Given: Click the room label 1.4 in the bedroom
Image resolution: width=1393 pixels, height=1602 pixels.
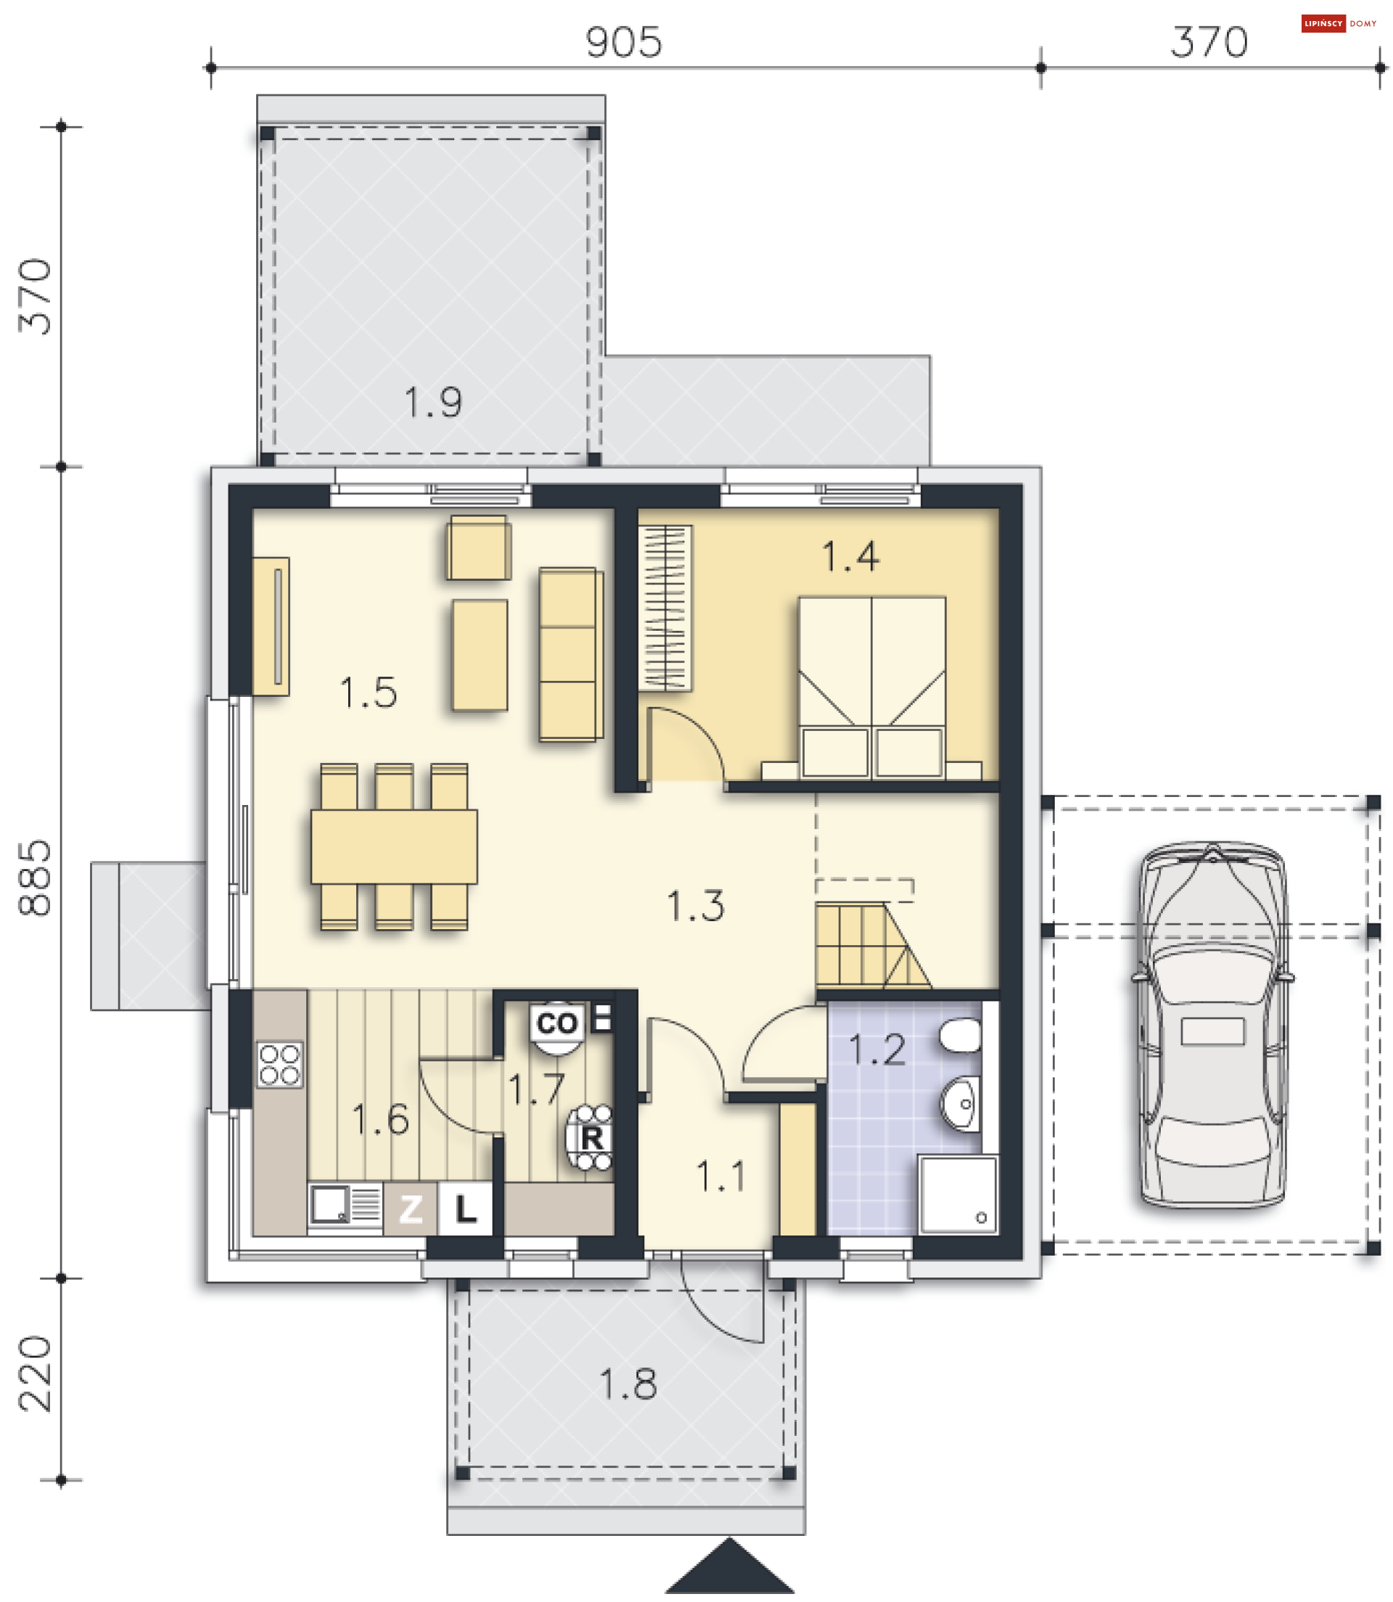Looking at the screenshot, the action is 850,557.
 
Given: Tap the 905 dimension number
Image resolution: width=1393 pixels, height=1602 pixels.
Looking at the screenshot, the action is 623,43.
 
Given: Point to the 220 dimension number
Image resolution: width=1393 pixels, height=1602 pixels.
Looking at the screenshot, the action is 35,1374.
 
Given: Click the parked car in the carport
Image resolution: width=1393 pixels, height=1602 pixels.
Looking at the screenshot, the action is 1212,1025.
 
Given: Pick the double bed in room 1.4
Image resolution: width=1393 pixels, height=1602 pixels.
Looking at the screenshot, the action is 872,687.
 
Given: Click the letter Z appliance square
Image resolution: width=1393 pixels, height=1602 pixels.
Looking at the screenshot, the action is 411,1209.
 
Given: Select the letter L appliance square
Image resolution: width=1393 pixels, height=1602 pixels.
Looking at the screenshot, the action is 465,1209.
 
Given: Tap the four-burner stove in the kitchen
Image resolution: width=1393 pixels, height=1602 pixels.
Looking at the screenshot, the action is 280,1065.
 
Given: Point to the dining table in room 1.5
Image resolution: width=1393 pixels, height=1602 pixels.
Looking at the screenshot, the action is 394,847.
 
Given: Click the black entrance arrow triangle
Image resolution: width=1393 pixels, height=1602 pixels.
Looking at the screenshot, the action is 729,1566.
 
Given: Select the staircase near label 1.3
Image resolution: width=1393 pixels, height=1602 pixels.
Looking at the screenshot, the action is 872,946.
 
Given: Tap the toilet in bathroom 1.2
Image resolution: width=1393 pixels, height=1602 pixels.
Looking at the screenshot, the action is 961,1036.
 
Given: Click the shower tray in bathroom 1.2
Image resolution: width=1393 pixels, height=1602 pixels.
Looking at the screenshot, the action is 958,1195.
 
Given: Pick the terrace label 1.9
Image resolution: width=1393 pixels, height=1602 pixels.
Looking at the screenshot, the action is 433,403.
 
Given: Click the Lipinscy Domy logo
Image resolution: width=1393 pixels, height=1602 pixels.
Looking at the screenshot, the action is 1339,23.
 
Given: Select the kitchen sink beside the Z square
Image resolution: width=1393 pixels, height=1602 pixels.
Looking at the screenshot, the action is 345,1207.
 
